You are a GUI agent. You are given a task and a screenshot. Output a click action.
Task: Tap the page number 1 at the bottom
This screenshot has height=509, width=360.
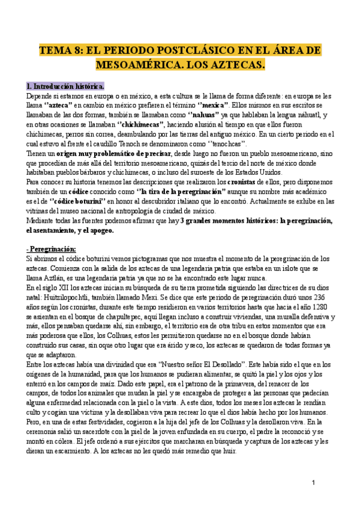tap(314, 483)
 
